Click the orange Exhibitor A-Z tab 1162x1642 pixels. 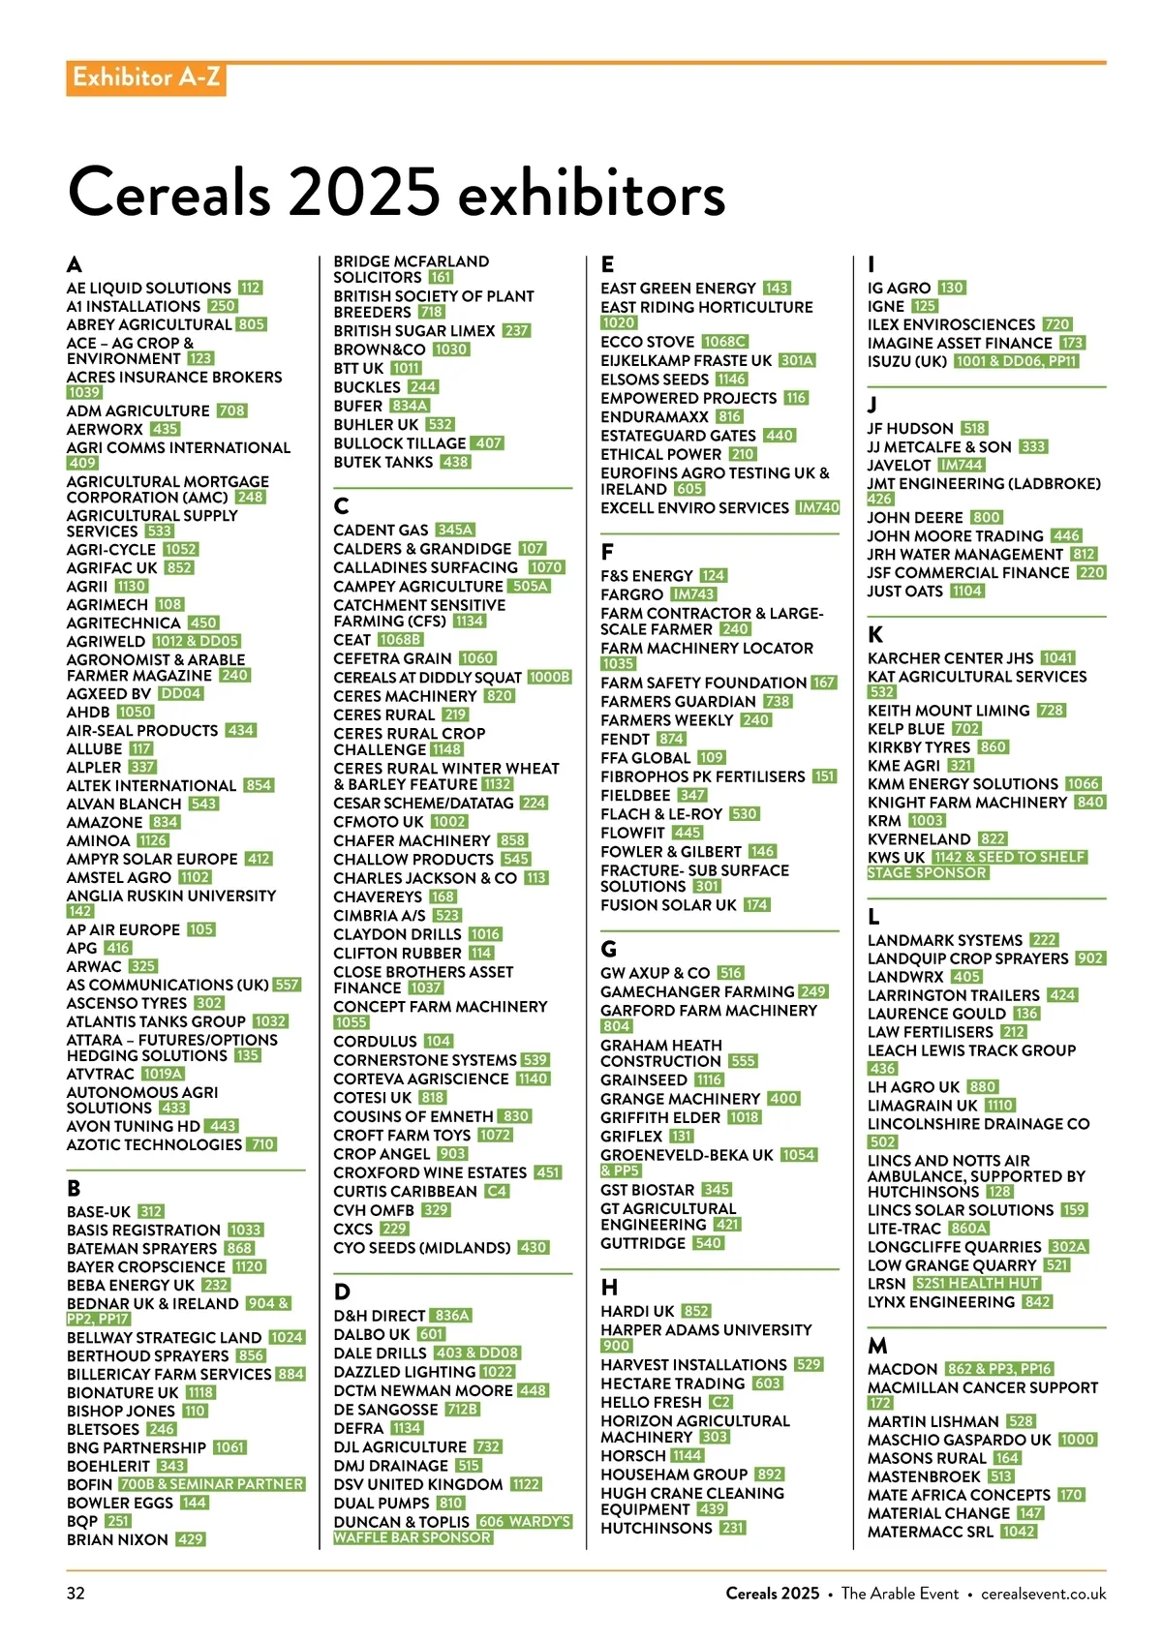tap(145, 77)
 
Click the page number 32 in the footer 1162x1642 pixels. tap(76, 1593)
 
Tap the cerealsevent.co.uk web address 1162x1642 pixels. tap(1043, 1593)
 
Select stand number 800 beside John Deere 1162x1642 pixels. tap(987, 518)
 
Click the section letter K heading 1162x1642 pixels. tap(875, 634)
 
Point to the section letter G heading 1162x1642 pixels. tap(608, 949)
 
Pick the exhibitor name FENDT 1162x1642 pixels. tap(625, 739)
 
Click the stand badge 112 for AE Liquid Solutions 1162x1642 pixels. tap(251, 288)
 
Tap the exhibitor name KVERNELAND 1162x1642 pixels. tap(919, 839)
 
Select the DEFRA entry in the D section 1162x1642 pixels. tap(358, 1428)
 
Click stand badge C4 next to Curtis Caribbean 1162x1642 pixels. tap(497, 1192)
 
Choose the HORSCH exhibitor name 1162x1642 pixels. tap(633, 1455)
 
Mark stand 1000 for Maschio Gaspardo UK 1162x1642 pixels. tap(1077, 1440)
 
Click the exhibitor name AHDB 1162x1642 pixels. tap(88, 712)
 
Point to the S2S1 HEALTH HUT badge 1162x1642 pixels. tap(976, 1284)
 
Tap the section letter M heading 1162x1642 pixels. tap(877, 1346)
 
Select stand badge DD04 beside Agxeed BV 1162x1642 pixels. tap(181, 693)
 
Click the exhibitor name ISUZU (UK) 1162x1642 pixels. tap(907, 361)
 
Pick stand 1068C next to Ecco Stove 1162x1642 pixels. tap(725, 342)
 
